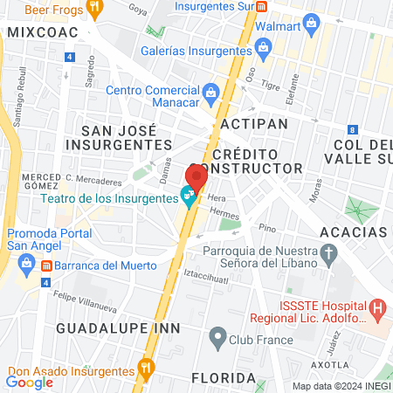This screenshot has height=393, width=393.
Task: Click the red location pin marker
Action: tap(196, 176)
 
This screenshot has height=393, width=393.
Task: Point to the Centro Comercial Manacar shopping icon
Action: tap(210, 91)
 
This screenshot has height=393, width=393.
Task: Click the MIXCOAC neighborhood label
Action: tap(42, 31)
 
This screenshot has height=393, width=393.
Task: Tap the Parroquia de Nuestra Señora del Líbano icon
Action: tap(329, 254)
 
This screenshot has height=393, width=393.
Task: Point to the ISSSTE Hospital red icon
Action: tap(377, 307)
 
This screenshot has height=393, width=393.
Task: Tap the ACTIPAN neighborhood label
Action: tap(254, 124)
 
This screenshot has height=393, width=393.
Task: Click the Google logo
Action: tap(30, 382)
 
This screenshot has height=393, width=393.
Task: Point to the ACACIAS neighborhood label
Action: tap(353, 231)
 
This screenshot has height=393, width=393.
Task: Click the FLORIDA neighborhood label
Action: tap(224, 378)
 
